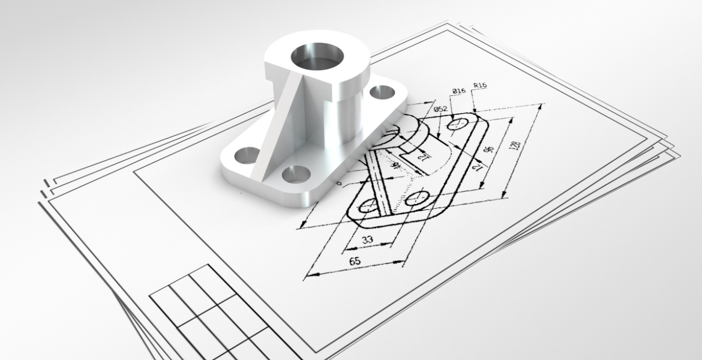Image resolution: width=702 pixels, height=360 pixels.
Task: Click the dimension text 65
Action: click(355, 262)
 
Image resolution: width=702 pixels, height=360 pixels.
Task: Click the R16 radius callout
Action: click(480, 86)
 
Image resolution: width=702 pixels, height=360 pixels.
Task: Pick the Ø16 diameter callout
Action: click(459, 91)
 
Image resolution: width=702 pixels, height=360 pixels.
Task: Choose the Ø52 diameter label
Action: click(440, 109)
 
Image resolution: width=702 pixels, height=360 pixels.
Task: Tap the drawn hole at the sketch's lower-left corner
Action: click(368, 208)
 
